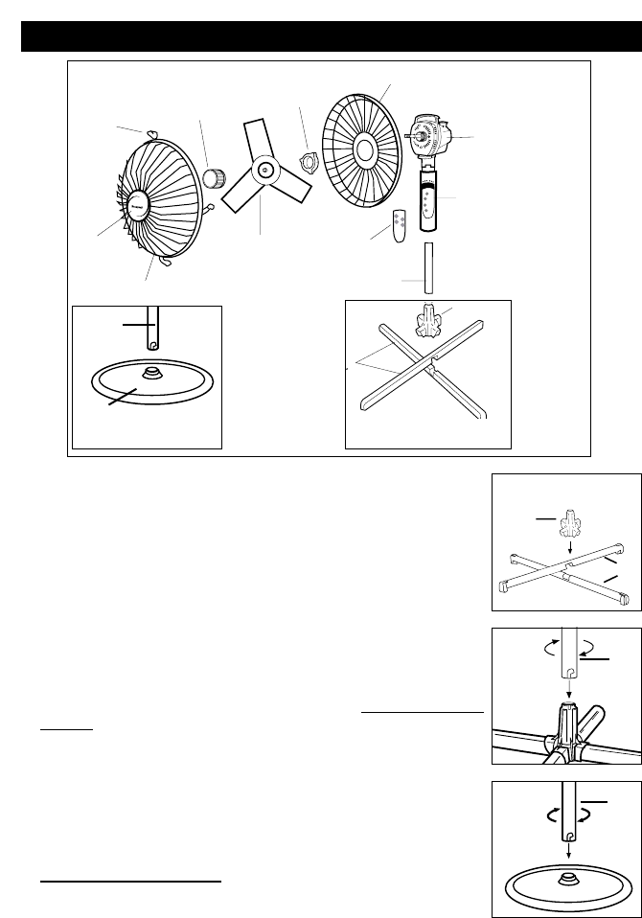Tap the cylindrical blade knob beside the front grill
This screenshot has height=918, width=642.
click(x=215, y=177)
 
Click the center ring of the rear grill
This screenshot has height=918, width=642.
click(x=365, y=149)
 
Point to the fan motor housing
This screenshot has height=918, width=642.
click(x=430, y=138)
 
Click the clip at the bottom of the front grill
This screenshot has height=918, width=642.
click(x=164, y=258)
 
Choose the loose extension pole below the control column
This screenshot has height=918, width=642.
click(x=429, y=267)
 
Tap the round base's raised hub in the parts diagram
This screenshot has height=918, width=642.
click(x=150, y=372)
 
